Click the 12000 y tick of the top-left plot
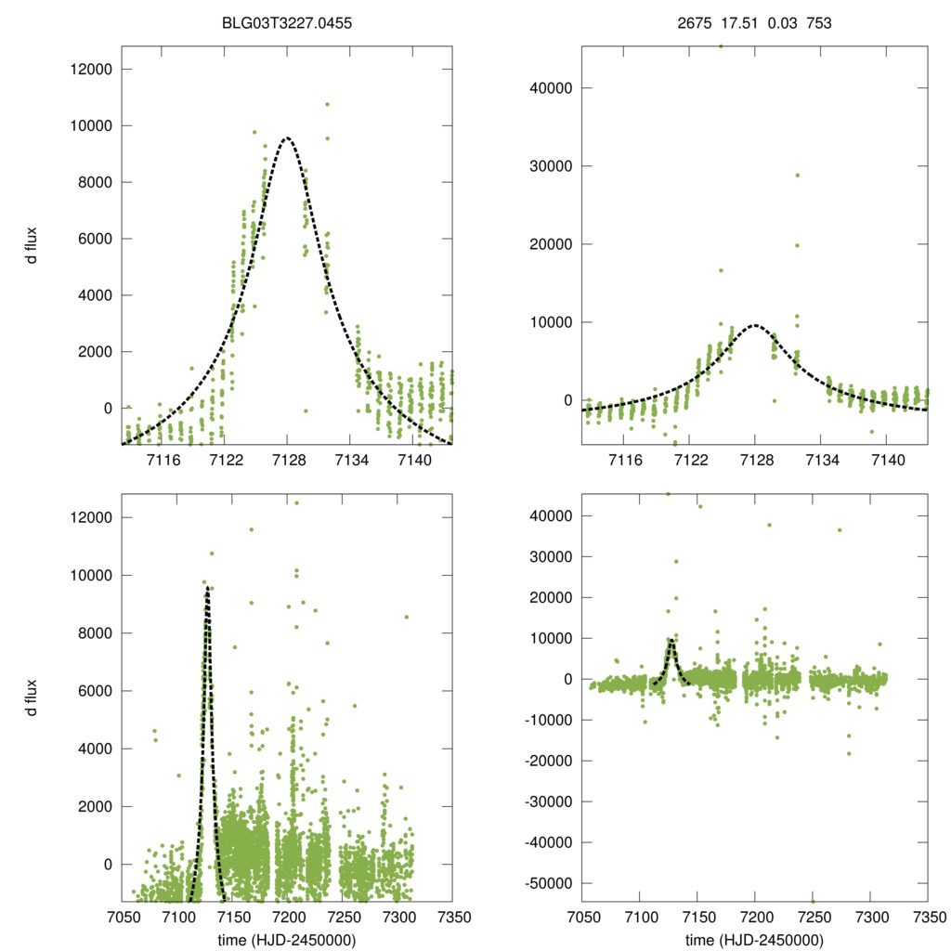(x=92, y=70)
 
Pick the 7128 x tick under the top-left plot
(x=289, y=461)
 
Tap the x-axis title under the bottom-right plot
(x=755, y=940)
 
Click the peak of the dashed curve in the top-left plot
(x=288, y=137)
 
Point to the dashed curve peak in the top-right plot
(x=755, y=325)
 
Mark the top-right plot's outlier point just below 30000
(x=797, y=175)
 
